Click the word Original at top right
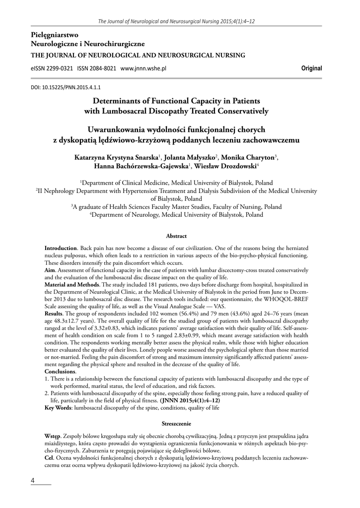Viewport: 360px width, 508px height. [311, 68]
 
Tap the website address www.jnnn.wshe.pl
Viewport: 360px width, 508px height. [143, 68]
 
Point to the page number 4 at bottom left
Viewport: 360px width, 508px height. [33, 481]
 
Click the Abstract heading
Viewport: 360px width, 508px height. [176, 236]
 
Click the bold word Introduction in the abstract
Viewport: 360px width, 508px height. [61, 247]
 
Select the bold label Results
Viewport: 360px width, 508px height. [54, 315]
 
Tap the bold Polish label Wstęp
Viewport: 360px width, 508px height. [53, 435]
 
